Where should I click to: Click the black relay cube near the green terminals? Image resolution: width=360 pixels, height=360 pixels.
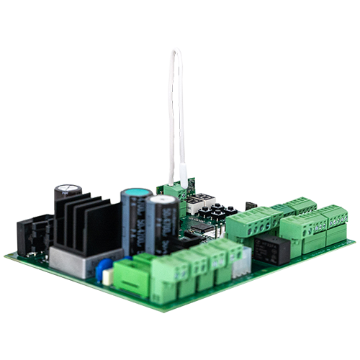(274, 248)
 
